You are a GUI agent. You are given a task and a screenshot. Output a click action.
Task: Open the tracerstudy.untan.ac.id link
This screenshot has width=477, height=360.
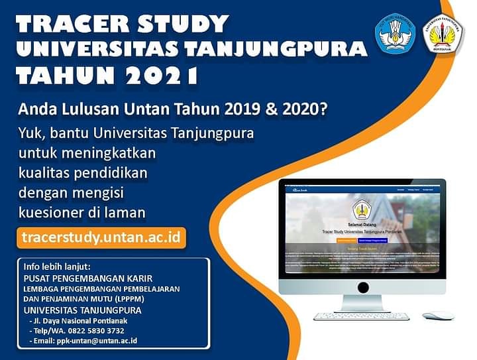(x=101, y=237)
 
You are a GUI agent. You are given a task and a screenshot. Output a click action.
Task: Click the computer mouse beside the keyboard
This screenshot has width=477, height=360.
(x=438, y=315)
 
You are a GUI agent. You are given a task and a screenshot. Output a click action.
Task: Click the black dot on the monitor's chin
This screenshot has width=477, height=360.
(x=363, y=287)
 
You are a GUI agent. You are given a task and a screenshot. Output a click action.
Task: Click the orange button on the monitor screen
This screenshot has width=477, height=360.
(x=347, y=241)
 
